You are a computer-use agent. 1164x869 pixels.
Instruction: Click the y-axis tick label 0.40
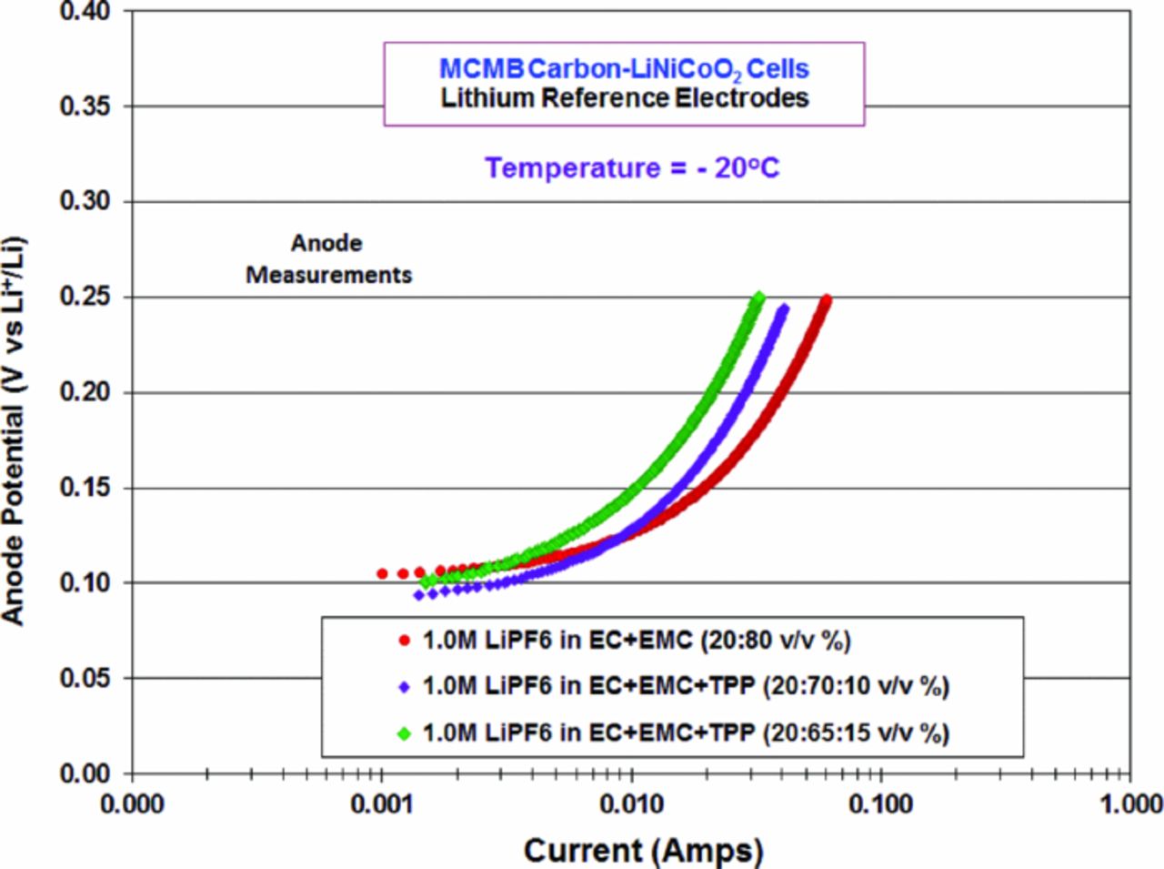[85, 12]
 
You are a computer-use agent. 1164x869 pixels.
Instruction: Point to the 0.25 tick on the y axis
[85, 298]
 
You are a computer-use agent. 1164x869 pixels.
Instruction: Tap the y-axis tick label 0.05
[85, 678]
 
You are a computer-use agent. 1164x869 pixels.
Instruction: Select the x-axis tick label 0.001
[382, 804]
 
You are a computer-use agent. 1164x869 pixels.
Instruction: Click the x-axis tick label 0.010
[631, 804]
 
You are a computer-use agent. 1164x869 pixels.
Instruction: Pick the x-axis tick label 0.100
[880, 804]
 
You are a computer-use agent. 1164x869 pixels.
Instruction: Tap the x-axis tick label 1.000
[1129, 804]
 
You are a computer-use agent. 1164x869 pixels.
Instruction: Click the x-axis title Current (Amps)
[643, 851]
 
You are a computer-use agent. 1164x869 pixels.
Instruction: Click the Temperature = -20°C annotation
[631, 168]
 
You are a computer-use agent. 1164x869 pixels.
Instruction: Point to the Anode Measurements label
[328, 259]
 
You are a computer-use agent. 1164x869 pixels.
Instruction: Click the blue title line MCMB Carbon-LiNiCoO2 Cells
[624, 69]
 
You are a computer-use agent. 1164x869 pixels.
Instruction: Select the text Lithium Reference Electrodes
[625, 98]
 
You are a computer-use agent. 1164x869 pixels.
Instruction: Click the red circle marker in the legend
[405, 641]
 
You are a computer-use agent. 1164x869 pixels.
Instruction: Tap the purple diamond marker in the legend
[405, 687]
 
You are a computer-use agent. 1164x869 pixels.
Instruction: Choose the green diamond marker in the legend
[405, 733]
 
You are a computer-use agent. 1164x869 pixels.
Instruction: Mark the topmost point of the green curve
[758, 297]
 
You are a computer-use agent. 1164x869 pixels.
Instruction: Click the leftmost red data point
[382, 573]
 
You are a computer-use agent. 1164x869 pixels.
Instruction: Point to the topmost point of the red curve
[826, 298]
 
